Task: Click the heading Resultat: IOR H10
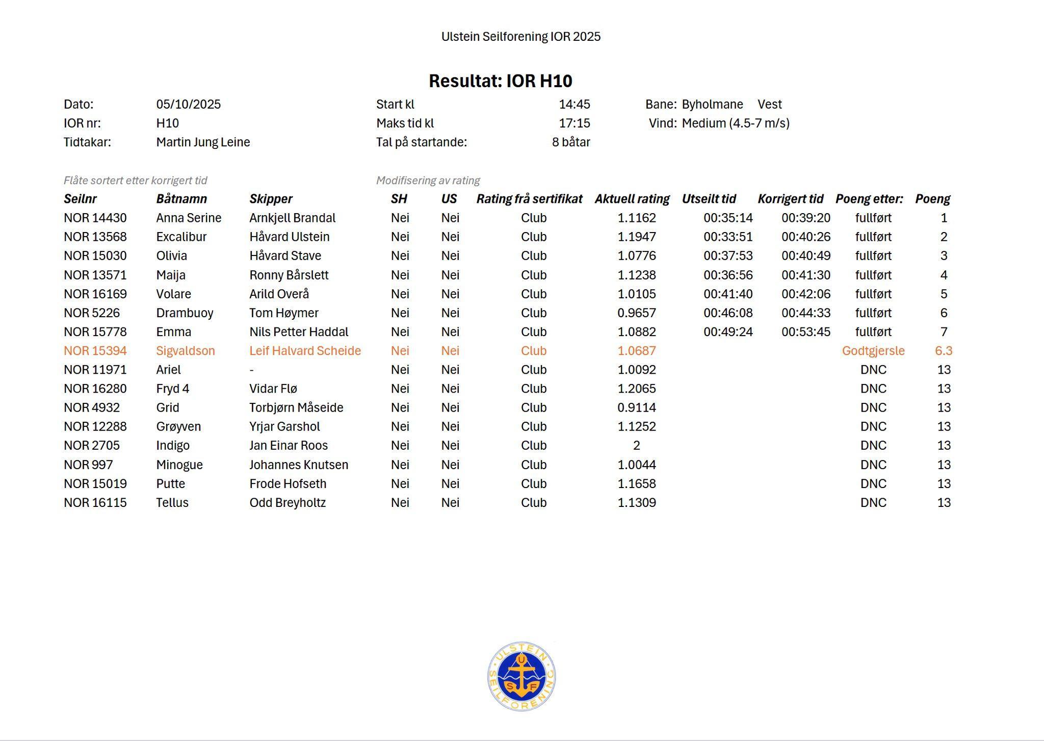(x=500, y=81)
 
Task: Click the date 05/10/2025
(x=188, y=105)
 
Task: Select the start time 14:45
(x=574, y=105)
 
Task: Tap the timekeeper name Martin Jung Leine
(x=203, y=142)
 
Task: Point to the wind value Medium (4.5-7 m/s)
(x=735, y=123)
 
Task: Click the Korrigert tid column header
(x=790, y=199)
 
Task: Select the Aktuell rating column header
(x=632, y=199)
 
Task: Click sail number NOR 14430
(x=95, y=218)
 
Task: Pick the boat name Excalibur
(x=181, y=237)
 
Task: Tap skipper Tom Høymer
(x=283, y=313)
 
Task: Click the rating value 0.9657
(x=636, y=313)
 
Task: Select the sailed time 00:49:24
(x=727, y=332)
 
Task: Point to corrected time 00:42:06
(x=805, y=294)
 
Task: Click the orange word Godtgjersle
(x=873, y=351)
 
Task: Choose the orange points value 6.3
(x=943, y=351)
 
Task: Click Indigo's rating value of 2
(x=636, y=446)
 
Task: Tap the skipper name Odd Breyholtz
(x=287, y=503)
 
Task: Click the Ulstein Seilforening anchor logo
(x=521, y=676)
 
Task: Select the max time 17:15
(x=574, y=123)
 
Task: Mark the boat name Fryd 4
(x=172, y=389)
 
